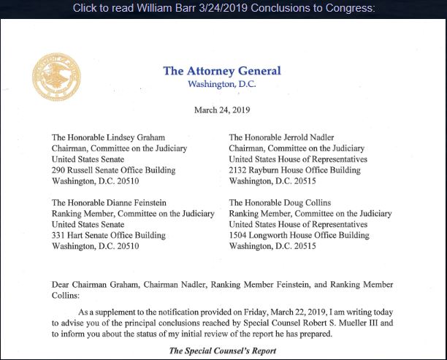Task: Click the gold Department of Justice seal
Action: pos(56,77)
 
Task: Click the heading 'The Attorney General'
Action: pos(221,71)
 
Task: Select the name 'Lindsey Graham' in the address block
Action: pos(137,137)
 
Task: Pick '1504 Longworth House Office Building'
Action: pos(299,235)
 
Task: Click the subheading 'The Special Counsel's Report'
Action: pos(222,351)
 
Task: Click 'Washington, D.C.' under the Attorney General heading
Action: pos(221,84)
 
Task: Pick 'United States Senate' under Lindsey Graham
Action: pos(88,158)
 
